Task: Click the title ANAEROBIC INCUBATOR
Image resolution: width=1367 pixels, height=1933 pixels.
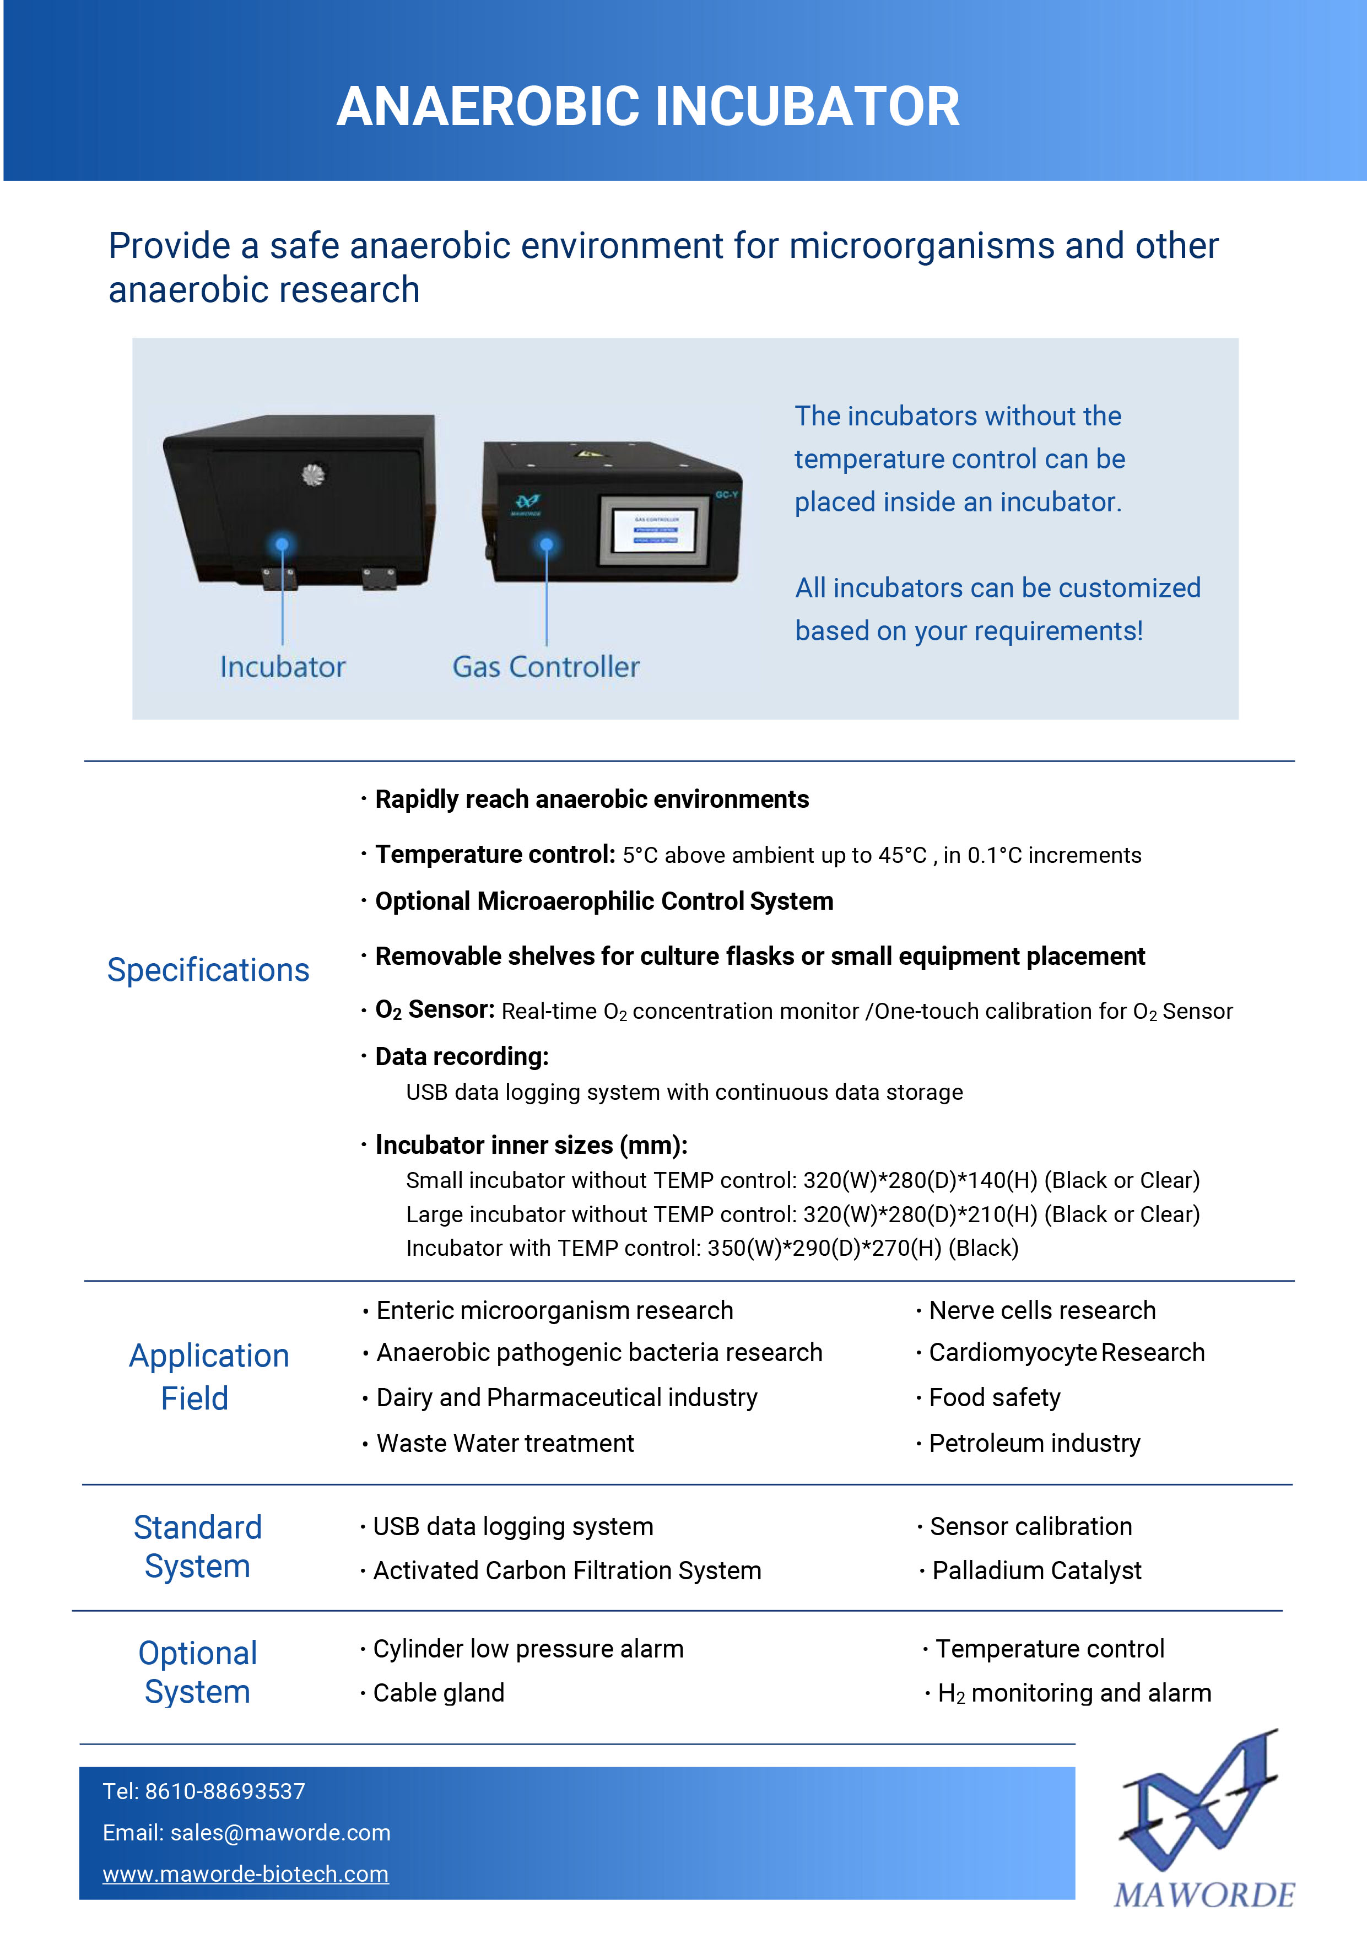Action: [x=648, y=107]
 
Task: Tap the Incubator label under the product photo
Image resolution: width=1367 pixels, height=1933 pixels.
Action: [x=283, y=667]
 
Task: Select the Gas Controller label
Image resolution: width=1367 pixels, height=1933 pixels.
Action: [x=546, y=667]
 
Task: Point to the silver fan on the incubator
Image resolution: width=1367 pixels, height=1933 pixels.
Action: [x=313, y=475]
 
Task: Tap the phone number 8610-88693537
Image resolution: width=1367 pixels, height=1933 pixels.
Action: [x=225, y=1791]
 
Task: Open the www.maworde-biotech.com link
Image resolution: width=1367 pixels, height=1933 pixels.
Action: [x=246, y=1873]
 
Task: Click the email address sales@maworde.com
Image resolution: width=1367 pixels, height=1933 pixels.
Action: [x=280, y=1832]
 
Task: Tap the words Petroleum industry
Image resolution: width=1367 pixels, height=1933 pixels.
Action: [x=1035, y=1443]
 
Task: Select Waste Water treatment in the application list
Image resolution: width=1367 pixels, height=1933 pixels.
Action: [x=505, y=1443]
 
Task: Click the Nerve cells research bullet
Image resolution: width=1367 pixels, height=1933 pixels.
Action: [x=1042, y=1310]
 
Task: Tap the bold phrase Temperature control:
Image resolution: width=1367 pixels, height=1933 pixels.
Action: [x=496, y=855]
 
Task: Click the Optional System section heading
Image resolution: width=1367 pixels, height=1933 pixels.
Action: [x=198, y=1672]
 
